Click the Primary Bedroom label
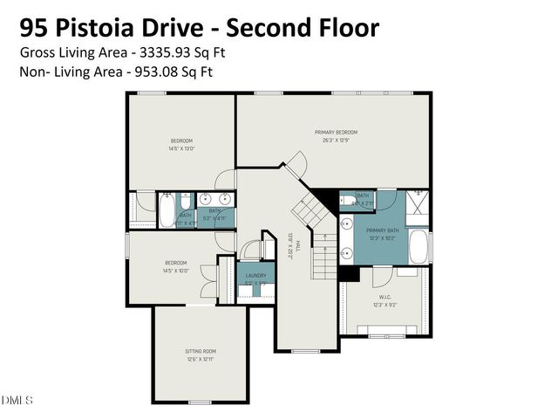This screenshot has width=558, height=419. [x=336, y=132]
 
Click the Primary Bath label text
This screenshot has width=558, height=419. [x=380, y=232]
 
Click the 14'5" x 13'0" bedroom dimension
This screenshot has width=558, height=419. [x=181, y=148]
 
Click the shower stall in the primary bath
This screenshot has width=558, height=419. [x=418, y=205]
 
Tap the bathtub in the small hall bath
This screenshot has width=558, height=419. [x=165, y=211]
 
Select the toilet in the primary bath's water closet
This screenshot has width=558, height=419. [x=346, y=200]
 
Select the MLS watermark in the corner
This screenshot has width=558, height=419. [x=17, y=401]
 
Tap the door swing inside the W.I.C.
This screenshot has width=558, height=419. [x=381, y=277]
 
